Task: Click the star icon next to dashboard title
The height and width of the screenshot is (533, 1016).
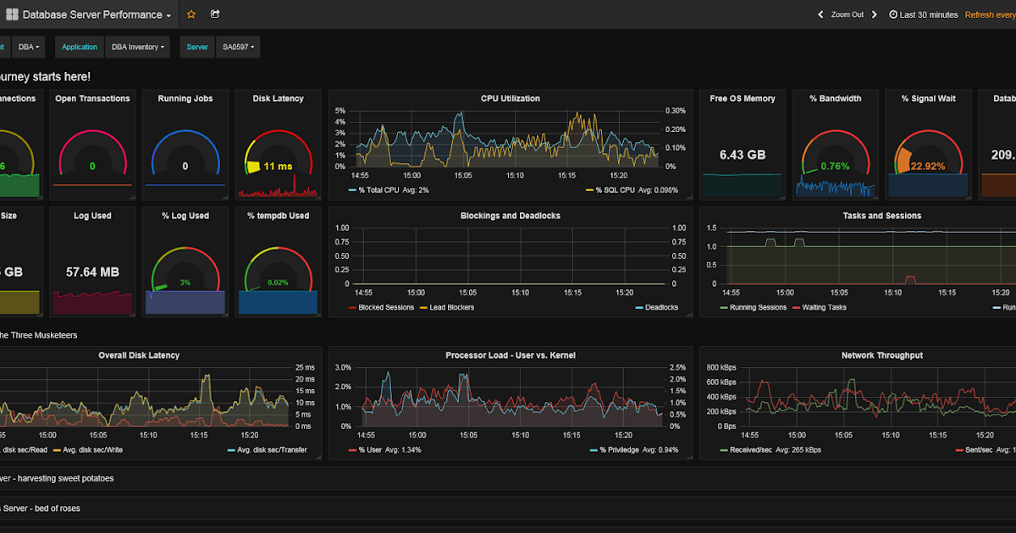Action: coord(191,14)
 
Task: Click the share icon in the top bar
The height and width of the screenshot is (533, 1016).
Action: coord(215,14)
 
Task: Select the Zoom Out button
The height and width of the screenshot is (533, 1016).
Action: coord(847,14)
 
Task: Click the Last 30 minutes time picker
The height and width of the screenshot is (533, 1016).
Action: coord(924,14)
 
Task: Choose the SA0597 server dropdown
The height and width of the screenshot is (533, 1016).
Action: coord(239,47)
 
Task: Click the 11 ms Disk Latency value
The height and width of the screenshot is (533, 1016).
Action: coord(277,167)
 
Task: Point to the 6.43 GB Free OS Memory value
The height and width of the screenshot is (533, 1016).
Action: coord(743,155)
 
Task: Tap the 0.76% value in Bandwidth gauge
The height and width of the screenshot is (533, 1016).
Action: coord(834,167)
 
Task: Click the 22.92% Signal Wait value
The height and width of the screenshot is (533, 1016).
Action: coord(928,167)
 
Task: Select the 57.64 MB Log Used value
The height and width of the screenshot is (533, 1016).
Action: coord(92,272)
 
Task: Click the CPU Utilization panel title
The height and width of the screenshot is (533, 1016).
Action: coord(510,98)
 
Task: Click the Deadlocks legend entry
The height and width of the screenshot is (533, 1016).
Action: coord(660,307)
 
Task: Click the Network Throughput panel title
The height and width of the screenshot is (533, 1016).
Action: coord(881,355)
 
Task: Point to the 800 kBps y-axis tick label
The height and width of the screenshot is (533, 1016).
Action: coord(720,367)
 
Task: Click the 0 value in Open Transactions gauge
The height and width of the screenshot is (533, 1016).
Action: coord(92,167)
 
